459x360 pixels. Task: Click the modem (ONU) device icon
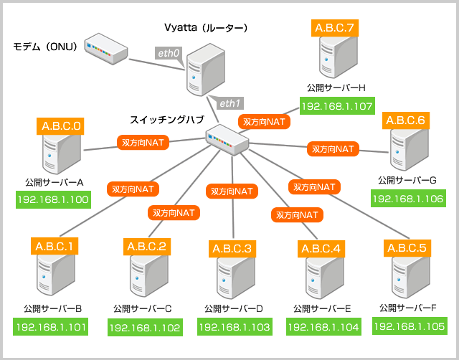105,47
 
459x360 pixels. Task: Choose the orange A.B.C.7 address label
334,29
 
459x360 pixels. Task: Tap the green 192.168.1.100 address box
52,199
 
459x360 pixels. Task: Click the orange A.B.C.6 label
406,120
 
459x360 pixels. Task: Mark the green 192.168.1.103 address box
234,327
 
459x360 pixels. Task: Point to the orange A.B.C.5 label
407,248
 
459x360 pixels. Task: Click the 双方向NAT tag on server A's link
142,143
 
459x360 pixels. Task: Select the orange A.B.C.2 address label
146,247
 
